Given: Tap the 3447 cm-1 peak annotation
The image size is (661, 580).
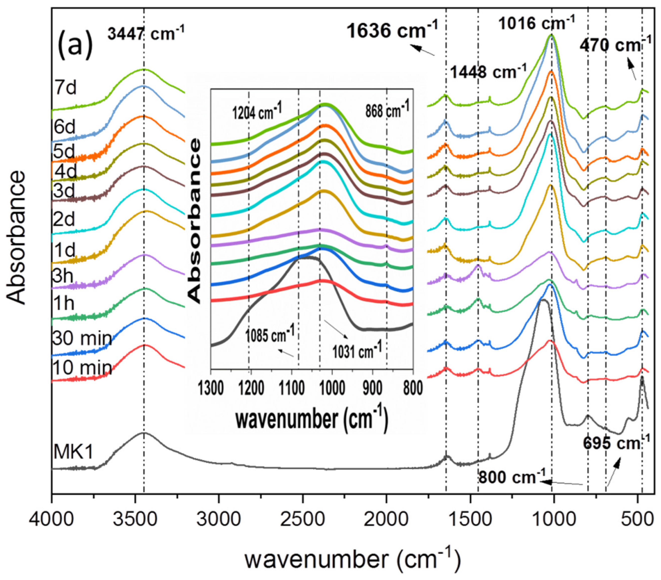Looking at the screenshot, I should click(x=146, y=34).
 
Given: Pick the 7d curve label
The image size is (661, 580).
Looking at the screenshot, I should click(x=66, y=87).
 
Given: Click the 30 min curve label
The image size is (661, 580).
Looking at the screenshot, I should click(x=82, y=338).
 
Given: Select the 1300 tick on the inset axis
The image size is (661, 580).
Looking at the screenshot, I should click(x=211, y=389).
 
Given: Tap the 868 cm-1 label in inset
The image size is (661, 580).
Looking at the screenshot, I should click(x=387, y=110).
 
